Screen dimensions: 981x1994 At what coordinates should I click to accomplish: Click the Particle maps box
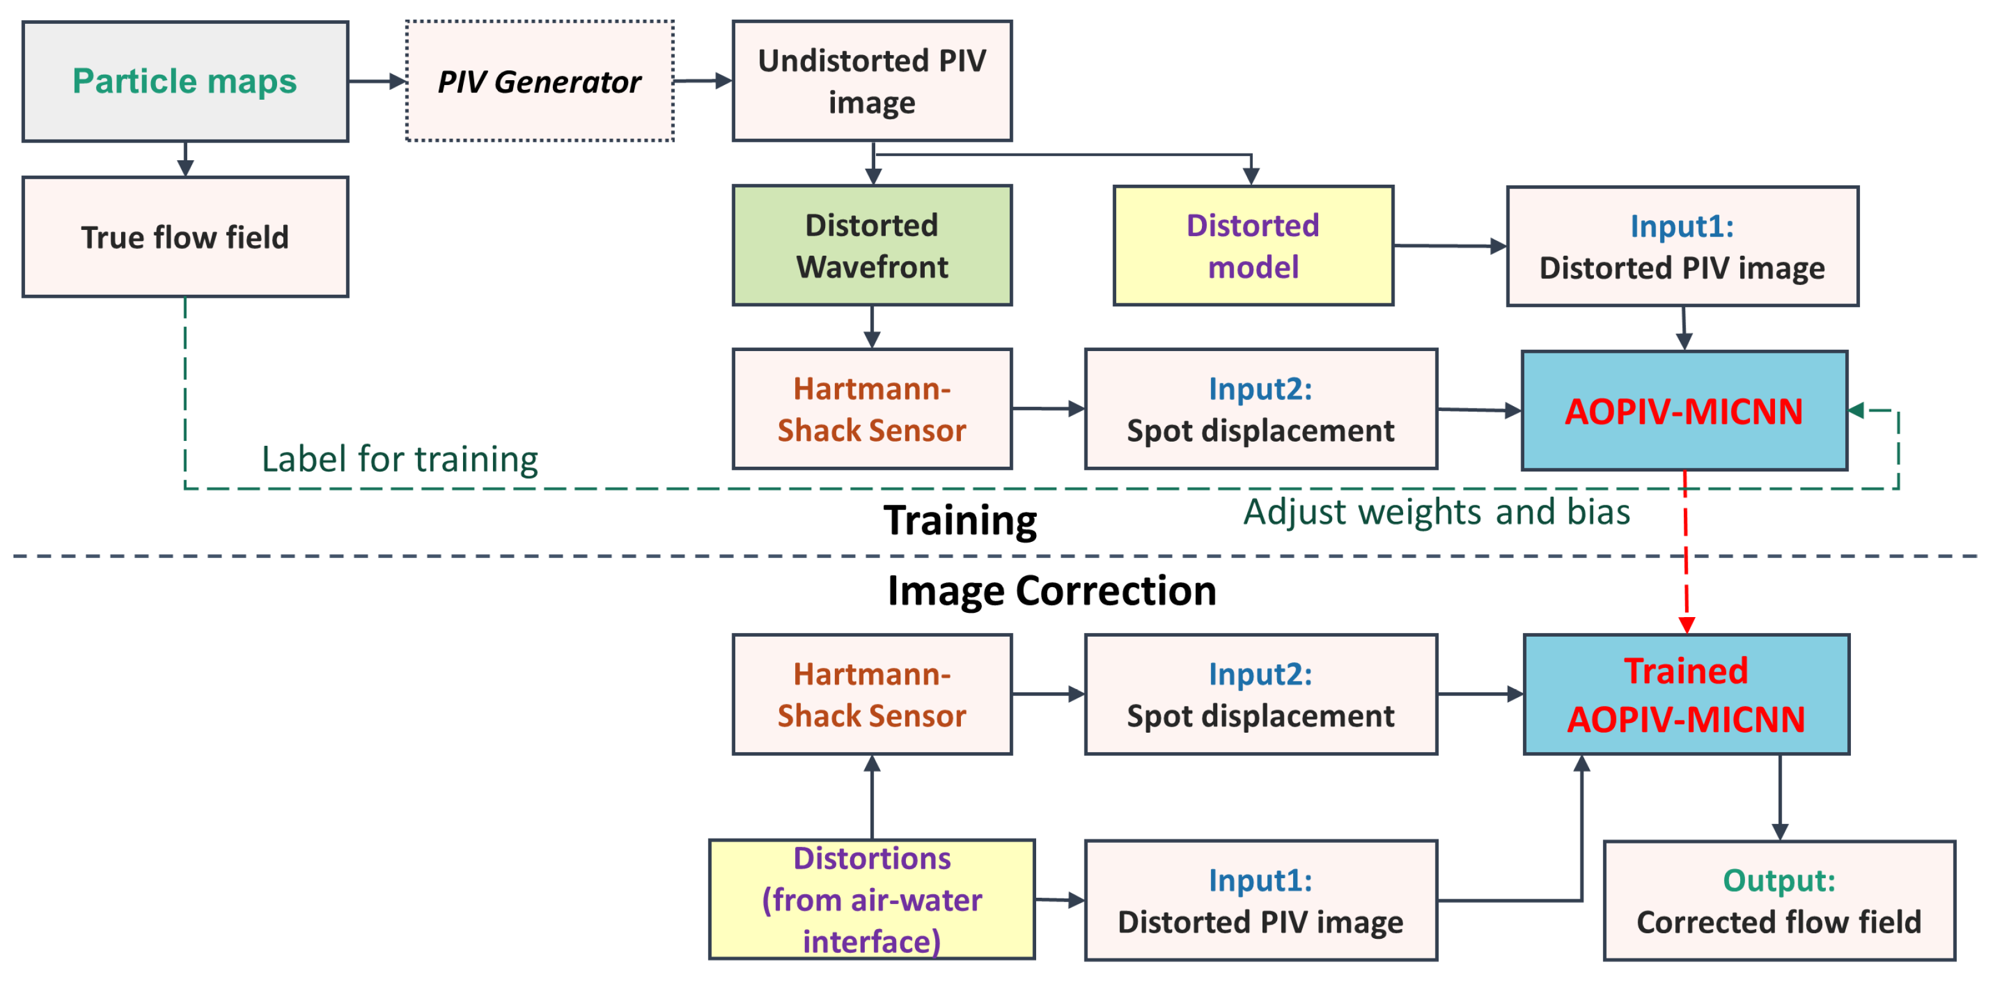point(185,81)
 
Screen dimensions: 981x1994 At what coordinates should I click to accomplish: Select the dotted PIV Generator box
point(539,81)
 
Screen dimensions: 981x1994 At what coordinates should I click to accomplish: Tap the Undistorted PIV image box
point(872,81)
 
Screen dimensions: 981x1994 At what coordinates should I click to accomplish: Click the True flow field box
point(185,237)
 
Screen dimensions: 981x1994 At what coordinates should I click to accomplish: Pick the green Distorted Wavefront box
point(872,245)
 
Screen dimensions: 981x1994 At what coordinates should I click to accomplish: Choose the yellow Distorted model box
point(1253,245)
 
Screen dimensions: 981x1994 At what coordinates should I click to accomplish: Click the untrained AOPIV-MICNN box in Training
point(1684,411)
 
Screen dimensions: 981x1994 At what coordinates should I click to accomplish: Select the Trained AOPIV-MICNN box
point(1686,695)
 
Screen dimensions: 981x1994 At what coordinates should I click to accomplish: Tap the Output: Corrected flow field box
point(1779,900)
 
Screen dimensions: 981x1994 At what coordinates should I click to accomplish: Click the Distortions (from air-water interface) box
point(872,900)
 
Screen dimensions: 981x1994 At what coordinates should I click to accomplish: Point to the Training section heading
point(960,520)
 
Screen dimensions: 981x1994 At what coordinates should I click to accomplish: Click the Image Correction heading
point(1051,591)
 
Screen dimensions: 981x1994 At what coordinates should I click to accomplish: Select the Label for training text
point(399,459)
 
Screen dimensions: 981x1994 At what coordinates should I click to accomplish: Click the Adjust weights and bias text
point(1437,513)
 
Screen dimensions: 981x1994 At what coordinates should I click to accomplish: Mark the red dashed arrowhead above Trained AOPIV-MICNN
point(1687,624)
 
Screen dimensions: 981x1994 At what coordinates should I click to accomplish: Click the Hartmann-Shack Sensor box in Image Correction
point(872,695)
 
